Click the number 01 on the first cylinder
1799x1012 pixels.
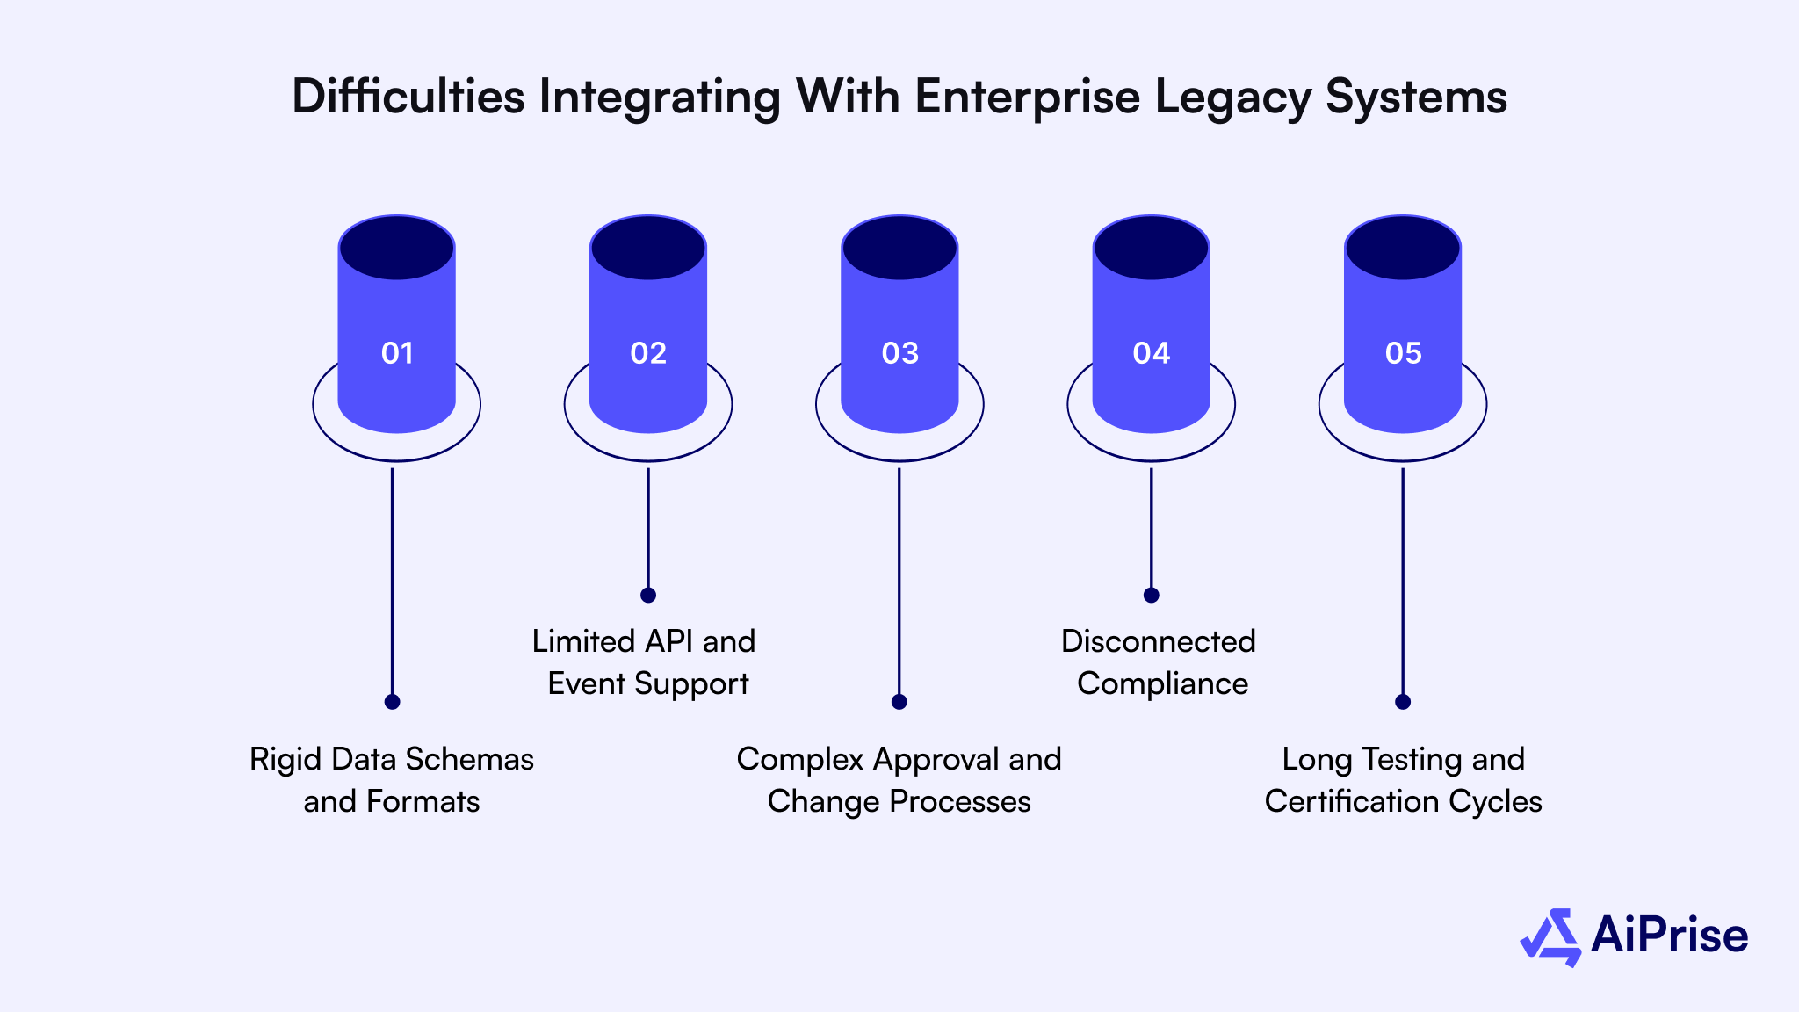397,353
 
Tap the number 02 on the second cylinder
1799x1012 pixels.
648,353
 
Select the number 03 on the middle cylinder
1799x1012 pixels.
899,353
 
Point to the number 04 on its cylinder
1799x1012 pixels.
1151,353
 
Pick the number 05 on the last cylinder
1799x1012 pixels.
1403,353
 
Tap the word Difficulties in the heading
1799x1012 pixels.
408,97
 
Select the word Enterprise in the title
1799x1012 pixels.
1027,97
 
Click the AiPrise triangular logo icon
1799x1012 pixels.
1550,937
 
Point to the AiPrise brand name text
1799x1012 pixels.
1669,935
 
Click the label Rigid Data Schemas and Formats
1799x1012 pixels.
392,780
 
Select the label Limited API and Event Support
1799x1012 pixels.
645,662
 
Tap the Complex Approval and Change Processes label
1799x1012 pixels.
899,780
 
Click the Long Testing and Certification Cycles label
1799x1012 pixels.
1403,780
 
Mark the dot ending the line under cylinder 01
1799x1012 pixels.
393,702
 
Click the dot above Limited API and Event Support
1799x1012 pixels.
648,595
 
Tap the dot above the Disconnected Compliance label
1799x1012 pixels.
1152,595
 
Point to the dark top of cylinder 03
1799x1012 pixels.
899,249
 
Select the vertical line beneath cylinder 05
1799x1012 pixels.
1403,580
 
